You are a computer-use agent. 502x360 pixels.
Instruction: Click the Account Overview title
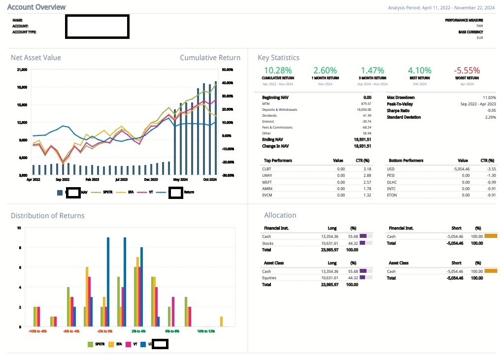click(36, 7)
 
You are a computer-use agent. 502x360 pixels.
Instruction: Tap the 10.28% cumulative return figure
click(278, 71)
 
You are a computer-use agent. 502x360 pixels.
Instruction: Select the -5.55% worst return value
click(466, 71)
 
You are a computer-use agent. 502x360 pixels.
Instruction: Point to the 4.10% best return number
click(420, 71)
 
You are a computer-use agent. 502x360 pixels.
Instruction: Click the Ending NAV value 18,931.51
click(360, 139)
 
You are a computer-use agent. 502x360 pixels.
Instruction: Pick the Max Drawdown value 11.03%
click(489, 98)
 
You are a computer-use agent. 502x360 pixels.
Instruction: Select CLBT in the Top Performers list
click(267, 168)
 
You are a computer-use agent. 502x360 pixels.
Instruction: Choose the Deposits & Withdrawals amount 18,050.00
click(361, 109)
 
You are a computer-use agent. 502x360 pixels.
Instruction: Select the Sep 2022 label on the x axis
click(63, 180)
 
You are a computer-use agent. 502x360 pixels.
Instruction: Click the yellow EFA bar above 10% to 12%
click(221, 322)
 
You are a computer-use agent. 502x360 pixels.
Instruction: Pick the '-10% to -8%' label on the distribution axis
click(37, 331)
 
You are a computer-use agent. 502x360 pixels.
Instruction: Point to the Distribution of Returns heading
click(47, 216)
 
